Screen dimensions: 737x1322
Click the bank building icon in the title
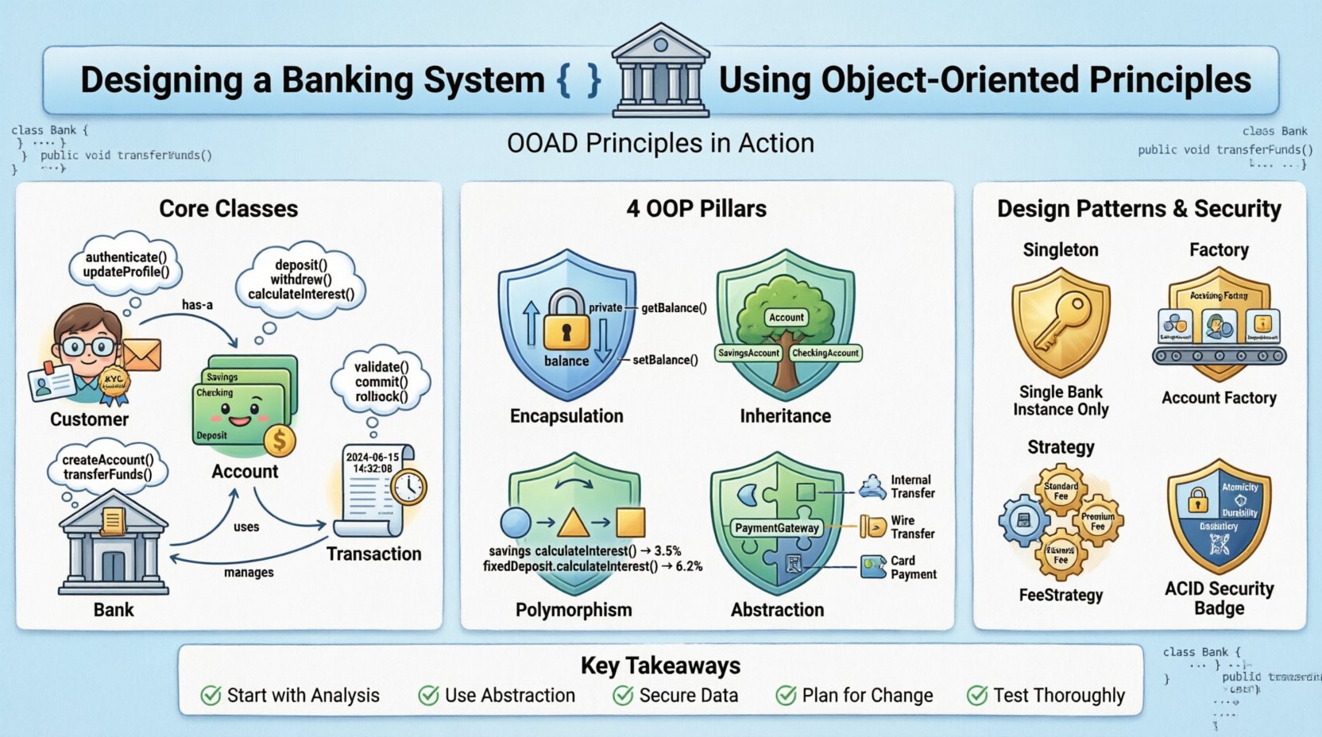[x=660, y=71]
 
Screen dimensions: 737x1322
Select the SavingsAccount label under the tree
[x=748, y=353]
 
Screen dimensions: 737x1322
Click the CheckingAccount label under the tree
[x=825, y=353]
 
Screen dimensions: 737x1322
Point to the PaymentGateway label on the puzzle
[x=776, y=528]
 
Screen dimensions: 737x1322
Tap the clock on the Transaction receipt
[x=408, y=487]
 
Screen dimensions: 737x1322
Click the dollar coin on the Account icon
[x=280, y=440]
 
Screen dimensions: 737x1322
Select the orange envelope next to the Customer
[x=141, y=356]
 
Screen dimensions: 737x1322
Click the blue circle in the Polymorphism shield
[x=516, y=522]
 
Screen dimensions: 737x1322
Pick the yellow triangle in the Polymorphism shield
[x=573, y=523]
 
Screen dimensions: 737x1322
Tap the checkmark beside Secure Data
[x=623, y=696]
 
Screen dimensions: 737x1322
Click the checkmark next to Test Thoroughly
[x=976, y=696]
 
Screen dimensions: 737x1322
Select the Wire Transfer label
[x=912, y=527]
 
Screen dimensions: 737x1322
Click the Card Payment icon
[x=873, y=566]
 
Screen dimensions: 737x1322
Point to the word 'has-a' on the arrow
[x=197, y=305]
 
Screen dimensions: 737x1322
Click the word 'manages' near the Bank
[x=249, y=573]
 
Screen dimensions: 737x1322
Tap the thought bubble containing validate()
[x=381, y=382]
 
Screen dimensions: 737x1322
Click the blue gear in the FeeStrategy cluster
[x=1022, y=521]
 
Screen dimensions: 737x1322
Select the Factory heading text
[x=1218, y=250]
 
